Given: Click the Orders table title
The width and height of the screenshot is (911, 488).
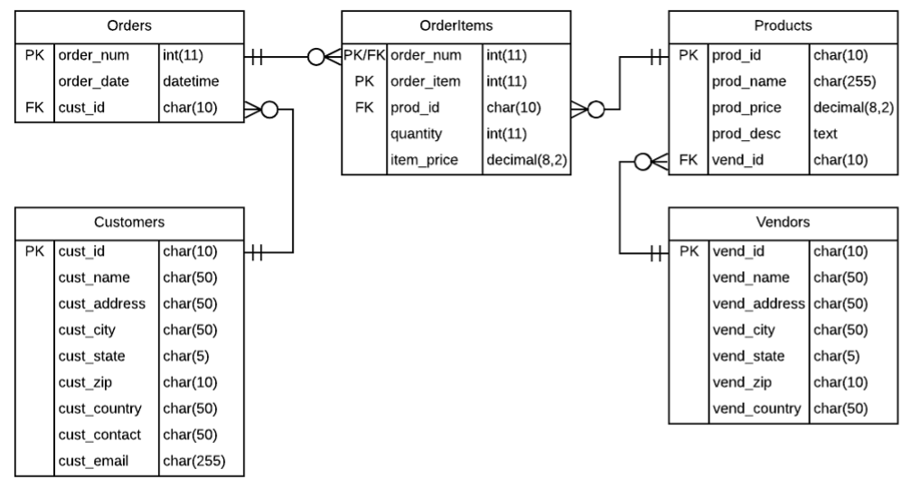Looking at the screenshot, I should tap(129, 25).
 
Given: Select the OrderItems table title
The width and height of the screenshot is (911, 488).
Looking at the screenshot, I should tap(455, 25).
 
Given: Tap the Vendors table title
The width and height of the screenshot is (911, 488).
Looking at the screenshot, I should tap(782, 221).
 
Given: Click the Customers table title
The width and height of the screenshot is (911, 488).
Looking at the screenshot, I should tap(129, 221).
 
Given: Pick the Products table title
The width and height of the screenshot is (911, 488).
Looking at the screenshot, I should tap(782, 25).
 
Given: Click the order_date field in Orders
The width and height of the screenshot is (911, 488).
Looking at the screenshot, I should tap(93, 81).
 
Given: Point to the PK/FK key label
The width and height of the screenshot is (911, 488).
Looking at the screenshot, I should tap(365, 55).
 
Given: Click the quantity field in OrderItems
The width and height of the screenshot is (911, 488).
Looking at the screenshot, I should tap(416, 134).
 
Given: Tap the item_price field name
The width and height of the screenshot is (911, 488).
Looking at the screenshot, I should tap(423, 160).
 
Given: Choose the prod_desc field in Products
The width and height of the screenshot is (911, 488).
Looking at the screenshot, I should tap(744, 134).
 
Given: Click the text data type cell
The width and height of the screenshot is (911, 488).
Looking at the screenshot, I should tap(825, 134).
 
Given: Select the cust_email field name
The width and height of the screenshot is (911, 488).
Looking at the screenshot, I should tap(93, 461).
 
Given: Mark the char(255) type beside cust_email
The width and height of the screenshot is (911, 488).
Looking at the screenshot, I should tap(193, 461).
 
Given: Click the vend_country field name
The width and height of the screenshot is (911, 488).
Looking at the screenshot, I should tap(757, 408).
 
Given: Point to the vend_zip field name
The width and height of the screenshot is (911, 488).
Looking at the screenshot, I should tap(740, 382).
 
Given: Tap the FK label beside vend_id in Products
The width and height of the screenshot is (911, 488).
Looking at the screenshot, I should tap(689, 160).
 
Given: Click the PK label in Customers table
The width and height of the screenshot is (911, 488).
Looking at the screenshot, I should tap(34, 251).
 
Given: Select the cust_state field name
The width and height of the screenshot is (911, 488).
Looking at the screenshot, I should tap(92, 356).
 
